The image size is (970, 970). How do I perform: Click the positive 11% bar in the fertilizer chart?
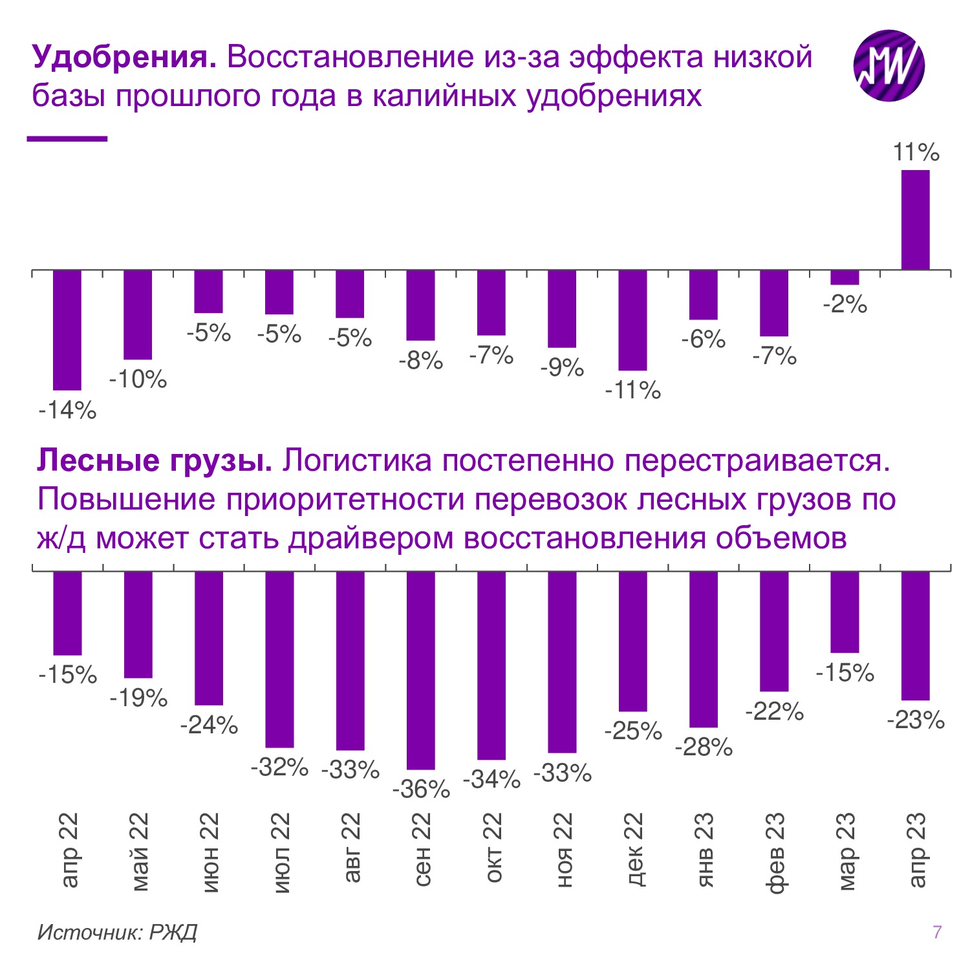(x=915, y=220)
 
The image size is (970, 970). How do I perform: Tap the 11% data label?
(x=916, y=153)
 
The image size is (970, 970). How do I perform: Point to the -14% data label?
(x=67, y=410)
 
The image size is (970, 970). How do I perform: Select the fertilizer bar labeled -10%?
(x=138, y=314)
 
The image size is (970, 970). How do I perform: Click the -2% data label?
(x=845, y=304)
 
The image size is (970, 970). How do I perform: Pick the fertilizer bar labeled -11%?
(x=632, y=320)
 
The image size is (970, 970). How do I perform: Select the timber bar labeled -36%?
(x=420, y=670)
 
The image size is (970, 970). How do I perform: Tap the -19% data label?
(x=138, y=698)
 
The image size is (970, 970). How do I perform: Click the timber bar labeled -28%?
(x=703, y=649)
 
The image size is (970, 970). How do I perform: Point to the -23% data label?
(x=916, y=720)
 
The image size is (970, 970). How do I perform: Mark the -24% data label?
(x=209, y=726)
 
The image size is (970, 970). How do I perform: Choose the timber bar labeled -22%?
(x=774, y=631)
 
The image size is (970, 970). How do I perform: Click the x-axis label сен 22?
(x=421, y=849)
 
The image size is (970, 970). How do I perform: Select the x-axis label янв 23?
(x=704, y=849)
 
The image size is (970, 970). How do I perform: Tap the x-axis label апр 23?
(x=916, y=849)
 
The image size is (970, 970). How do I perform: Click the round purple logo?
(x=889, y=65)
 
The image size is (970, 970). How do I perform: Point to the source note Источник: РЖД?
(x=117, y=932)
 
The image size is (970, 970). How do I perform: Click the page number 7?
(x=937, y=932)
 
